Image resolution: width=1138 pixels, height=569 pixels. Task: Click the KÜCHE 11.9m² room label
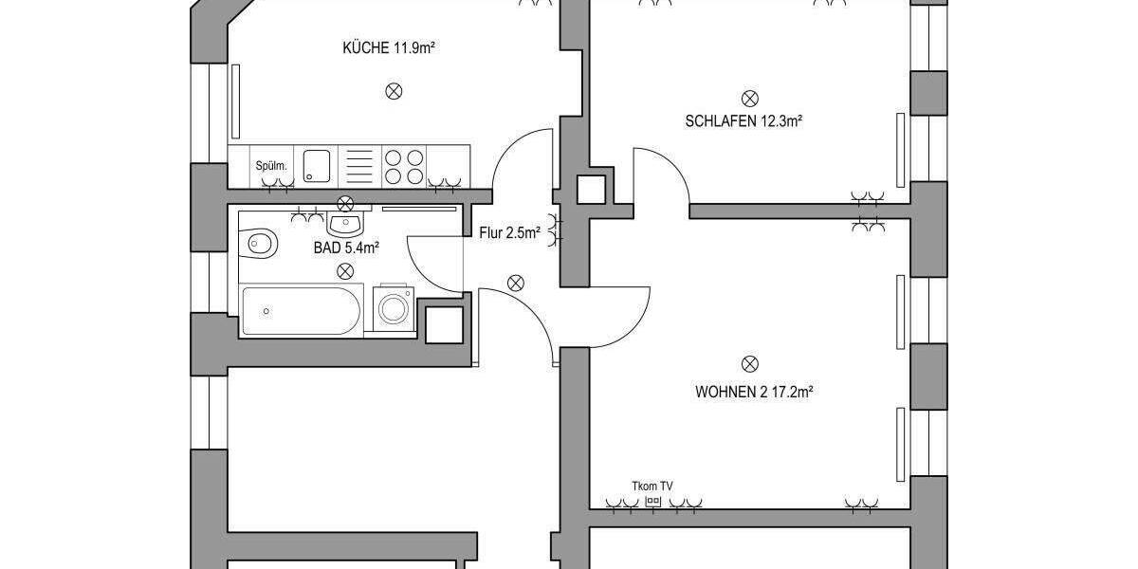click(x=389, y=48)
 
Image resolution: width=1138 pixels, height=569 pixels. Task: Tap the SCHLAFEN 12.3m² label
click(x=744, y=121)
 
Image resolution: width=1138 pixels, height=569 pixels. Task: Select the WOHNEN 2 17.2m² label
click(x=756, y=390)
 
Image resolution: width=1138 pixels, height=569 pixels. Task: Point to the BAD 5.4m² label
click(x=346, y=248)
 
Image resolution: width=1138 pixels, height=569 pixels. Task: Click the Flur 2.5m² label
click(x=509, y=231)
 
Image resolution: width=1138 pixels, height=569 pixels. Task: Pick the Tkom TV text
click(x=652, y=486)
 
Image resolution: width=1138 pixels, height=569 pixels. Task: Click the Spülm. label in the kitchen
click(x=271, y=167)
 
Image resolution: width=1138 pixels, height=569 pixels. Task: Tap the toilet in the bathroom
click(x=261, y=244)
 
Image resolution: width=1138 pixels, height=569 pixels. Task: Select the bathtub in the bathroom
click(x=300, y=310)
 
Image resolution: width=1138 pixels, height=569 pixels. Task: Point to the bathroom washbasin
click(x=344, y=225)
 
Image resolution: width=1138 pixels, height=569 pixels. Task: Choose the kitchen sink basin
click(x=316, y=165)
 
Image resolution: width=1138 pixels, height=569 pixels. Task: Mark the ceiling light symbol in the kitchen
click(x=394, y=91)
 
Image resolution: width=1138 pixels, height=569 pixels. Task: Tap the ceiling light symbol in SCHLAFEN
click(x=749, y=98)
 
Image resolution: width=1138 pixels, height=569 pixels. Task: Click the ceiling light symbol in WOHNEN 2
click(x=749, y=363)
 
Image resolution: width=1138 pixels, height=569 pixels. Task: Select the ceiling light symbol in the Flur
click(x=516, y=282)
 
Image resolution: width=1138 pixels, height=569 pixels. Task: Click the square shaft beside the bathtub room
click(x=443, y=324)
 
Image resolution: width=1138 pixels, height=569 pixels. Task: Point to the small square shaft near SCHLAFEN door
click(x=592, y=190)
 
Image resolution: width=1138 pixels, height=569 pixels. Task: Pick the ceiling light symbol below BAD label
click(x=343, y=271)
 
